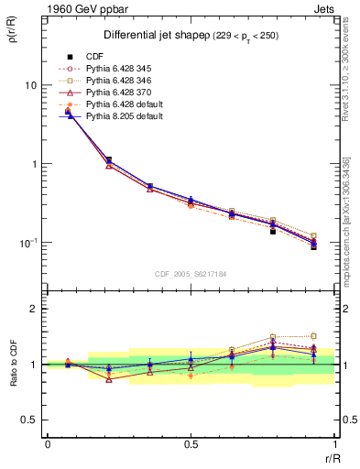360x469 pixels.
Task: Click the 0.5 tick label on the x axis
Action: point(191,444)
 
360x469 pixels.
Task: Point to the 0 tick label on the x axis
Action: point(48,444)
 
